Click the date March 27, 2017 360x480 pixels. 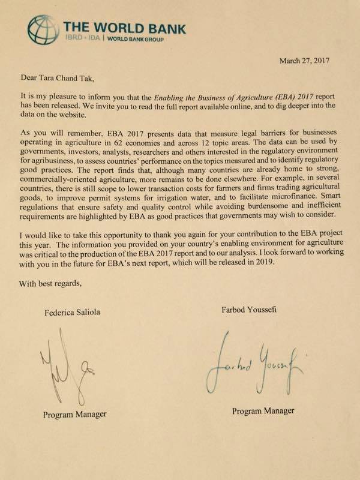tap(305, 61)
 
